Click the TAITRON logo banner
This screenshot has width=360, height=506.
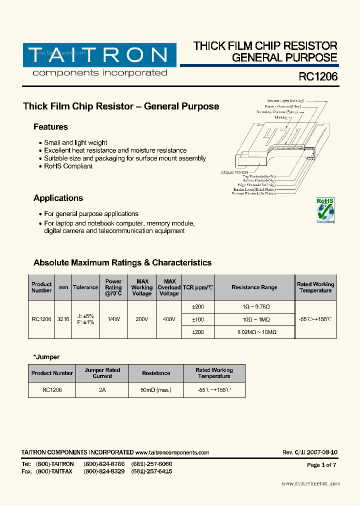[x=99, y=55]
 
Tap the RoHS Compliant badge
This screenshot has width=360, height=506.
[x=325, y=210]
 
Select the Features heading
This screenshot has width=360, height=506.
[x=50, y=127]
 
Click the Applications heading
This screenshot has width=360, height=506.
[x=58, y=198]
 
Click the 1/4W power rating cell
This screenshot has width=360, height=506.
[x=113, y=319]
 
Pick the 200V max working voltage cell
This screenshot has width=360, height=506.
[x=141, y=319]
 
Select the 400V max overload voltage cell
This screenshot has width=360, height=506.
[x=169, y=319]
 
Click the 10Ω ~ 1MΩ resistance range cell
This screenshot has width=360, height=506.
[x=254, y=319]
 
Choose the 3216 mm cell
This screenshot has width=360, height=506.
[x=63, y=319]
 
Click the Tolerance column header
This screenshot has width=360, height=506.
[x=85, y=287]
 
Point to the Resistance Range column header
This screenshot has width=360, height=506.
[x=254, y=287]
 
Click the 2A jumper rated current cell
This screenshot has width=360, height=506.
[x=102, y=389]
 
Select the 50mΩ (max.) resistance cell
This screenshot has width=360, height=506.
[x=156, y=389]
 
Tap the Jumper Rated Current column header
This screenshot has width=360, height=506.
[x=102, y=373]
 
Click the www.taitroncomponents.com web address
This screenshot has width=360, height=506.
[x=172, y=452]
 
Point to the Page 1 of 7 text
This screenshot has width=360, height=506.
[x=321, y=465]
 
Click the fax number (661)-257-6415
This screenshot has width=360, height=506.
[x=151, y=471]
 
